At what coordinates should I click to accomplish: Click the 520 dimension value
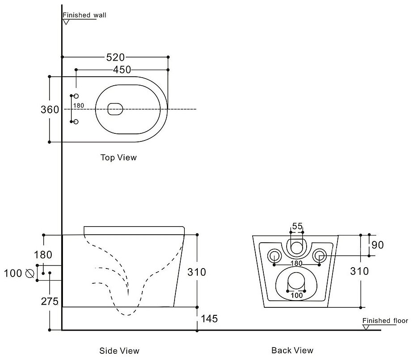tap(115, 57)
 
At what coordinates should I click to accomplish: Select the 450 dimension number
tap(121, 70)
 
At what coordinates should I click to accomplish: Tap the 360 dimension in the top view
tap(50, 109)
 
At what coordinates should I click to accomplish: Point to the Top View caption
tap(119, 157)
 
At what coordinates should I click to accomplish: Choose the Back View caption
tap(292, 351)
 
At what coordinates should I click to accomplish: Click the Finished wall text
tap(84, 15)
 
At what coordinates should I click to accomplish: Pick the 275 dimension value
tap(50, 302)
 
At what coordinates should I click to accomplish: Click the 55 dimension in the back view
tap(297, 226)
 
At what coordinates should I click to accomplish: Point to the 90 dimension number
tap(377, 245)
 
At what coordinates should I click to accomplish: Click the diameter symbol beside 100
tap(30, 273)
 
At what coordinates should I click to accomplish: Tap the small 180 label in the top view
tap(79, 106)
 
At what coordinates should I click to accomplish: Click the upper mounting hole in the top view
tap(76, 96)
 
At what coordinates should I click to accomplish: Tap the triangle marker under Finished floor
tap(366, 327)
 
